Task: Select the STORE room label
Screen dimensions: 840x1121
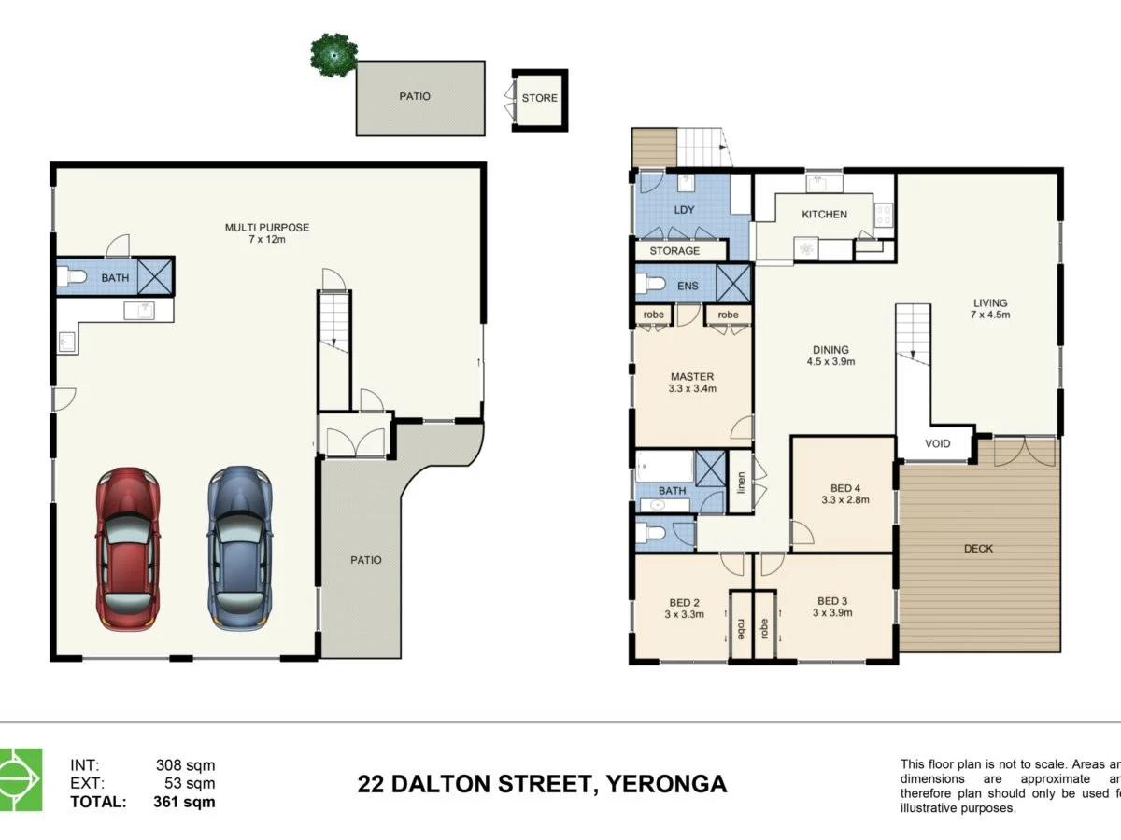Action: [539, 98]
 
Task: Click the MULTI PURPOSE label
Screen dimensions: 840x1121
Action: [267, 227]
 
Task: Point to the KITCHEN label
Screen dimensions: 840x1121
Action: [824, 215]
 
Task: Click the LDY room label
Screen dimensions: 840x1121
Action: [684, 209]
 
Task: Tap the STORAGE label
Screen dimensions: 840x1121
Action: [674, 251]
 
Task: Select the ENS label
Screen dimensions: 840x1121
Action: [688, 286]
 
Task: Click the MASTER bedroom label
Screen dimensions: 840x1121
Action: [692, 377]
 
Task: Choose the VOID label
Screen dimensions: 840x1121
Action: [938, 443]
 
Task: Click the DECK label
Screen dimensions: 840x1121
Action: [978, 549]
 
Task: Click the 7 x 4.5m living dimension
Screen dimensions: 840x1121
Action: [990, 315]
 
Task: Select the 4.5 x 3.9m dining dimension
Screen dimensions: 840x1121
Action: [830, 362]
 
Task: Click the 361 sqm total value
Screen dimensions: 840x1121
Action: [184, 801]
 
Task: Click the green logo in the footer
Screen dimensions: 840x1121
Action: [21, 779]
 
